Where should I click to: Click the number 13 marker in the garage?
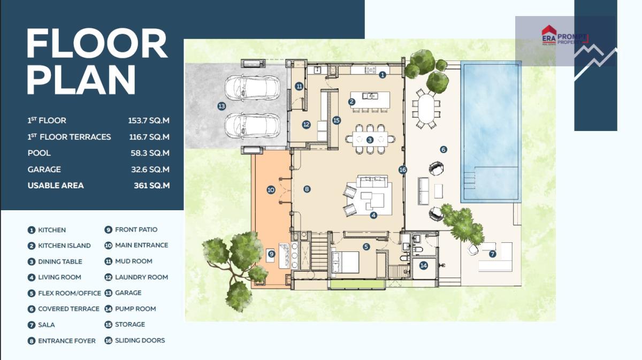coord(221,106)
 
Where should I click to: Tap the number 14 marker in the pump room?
coord(423,266)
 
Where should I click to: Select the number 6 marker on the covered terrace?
coord(444,149)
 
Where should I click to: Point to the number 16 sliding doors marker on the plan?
coord(403,170)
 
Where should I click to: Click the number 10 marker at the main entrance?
coord(271,190)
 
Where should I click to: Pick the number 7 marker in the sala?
coord(492,254)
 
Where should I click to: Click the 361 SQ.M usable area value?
coord(151,186)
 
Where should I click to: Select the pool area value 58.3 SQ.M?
coord(150,153)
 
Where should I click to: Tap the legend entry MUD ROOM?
coord(134,261)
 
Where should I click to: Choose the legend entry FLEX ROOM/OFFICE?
coord(70,293)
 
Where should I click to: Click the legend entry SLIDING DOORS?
coord(140,341)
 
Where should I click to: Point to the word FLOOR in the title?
coord(97,43)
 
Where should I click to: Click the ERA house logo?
coord(549,35)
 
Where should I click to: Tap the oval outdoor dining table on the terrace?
coord(426,109)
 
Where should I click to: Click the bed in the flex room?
coord(345,262)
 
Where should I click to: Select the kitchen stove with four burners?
coord(370,70)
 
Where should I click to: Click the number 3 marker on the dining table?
coord(370,140)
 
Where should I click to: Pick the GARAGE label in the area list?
coord(44,170)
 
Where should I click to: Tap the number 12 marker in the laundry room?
coord(306,125)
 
